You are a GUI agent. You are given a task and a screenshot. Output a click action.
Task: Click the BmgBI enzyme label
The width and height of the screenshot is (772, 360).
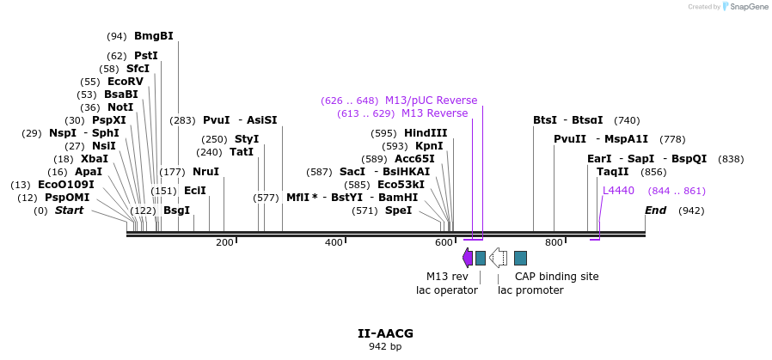click(153, 36)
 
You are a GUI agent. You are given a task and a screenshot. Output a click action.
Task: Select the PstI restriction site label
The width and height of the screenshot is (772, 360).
click(145, 56)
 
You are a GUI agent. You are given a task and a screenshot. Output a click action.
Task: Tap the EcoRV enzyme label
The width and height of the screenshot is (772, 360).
click(125, 82)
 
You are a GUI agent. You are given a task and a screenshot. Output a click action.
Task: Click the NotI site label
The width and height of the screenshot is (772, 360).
click(120, 107)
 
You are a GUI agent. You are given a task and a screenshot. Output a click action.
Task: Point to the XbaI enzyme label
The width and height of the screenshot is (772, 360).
click(95, 159)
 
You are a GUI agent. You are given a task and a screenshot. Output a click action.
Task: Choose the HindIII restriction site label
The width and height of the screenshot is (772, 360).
click(426, 133)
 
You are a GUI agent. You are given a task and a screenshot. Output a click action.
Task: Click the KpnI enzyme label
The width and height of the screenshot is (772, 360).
click(429, 146)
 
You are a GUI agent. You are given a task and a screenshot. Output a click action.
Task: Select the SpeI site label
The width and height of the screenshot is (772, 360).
click(398, 211)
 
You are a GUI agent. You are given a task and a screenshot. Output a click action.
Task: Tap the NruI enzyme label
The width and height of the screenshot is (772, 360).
click(205, 172)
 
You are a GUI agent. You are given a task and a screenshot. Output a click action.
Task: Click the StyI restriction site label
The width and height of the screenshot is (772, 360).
click(247, 139)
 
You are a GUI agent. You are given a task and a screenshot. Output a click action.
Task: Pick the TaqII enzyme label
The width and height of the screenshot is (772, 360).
click(612, 172)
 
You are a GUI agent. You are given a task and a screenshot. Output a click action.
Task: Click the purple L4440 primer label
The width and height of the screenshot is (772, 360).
click(618, 191)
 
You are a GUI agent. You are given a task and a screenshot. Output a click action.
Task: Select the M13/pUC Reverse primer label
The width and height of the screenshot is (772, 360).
click(431, 101)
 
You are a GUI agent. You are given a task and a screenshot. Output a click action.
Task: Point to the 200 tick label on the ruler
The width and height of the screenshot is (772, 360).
click(224, 243)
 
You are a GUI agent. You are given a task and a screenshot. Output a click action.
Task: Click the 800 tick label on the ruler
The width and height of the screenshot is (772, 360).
click(554, 243)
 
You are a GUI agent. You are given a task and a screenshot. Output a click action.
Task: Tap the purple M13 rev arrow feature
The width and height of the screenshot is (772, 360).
click(467, 258)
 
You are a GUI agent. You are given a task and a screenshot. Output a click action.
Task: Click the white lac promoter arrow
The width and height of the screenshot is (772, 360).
click(498, 258)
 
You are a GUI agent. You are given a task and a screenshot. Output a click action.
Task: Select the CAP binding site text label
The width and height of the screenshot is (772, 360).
click(556, 277)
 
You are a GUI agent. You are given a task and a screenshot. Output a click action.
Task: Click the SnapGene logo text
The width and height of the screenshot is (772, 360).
click(748, 7)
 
